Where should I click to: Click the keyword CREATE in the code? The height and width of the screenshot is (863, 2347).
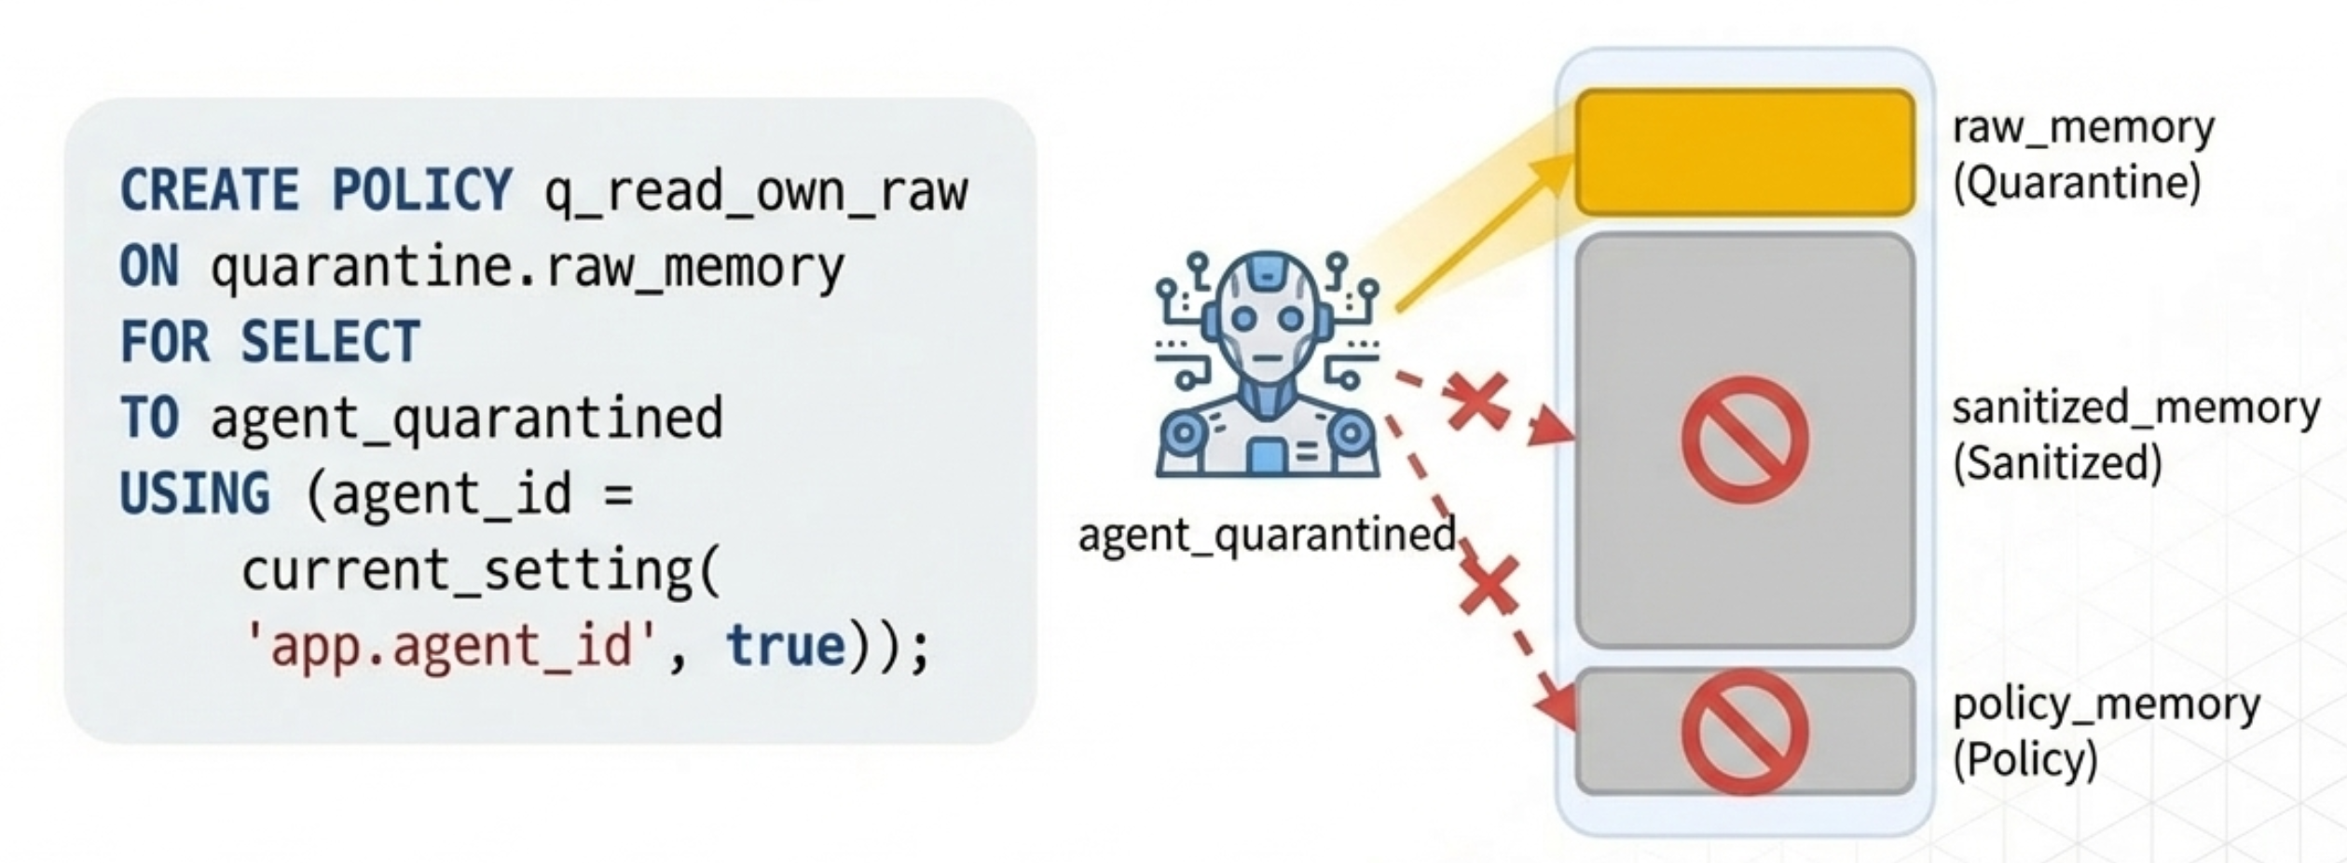[x=209, y=190]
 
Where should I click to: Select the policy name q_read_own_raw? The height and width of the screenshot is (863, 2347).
[x=756, y=192]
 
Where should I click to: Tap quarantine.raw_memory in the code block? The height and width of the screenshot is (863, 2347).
[x=527, y=268]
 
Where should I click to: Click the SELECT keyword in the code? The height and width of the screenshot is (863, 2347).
[x=330, y=342]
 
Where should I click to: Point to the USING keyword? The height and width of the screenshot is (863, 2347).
[x=194, y=494]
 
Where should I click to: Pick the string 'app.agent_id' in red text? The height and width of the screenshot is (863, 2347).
[x=452, y=646]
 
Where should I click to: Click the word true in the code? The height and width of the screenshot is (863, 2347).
[x=785, y=646]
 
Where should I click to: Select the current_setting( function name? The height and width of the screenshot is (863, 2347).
[x=481, y=569]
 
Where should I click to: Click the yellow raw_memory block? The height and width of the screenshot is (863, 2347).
[x=1744, y=152]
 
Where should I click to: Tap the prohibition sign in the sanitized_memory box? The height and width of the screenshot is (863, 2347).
[x=1744, y=440]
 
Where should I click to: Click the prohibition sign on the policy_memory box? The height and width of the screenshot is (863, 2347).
[x=1744, y=733]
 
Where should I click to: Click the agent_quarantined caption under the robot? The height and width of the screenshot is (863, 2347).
[x=1266, y=535]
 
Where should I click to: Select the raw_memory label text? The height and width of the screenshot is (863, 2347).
[x=2082, y=128]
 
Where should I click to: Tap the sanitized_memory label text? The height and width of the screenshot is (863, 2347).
[x=2134, y=409]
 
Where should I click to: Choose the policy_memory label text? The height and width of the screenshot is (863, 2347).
[x=2106, y=705]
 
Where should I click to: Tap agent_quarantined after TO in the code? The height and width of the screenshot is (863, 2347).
[x=466, y=418]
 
